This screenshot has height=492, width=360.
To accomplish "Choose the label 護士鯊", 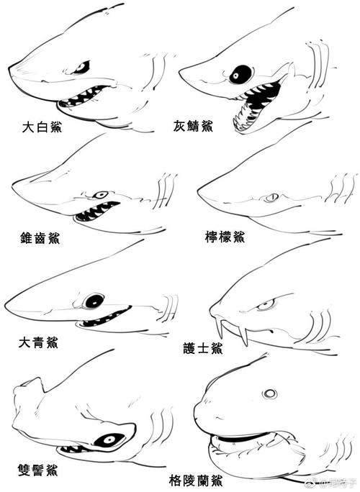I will (x=202, y=348).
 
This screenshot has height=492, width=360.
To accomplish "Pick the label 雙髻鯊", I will (x=38, y=470).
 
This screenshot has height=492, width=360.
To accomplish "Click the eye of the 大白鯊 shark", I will (x=81, y=68).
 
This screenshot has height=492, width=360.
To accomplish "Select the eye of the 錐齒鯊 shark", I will (x=102, y=194).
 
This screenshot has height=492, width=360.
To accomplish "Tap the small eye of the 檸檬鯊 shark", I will (x=271, y=197).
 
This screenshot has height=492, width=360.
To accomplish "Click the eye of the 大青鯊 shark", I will (x=94, y=301).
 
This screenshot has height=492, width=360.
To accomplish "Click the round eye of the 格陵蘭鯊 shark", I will (x=270, y=393).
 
